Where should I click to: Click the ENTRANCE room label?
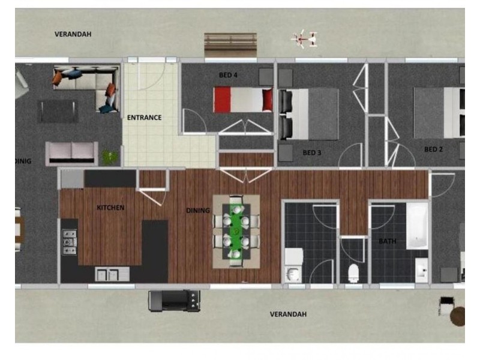click(144, 118)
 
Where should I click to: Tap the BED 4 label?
click(228, 75)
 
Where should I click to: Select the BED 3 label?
click(312, 153)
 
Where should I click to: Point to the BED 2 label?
click(433, 149)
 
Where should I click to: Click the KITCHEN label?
click(110, 208)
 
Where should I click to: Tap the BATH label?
click(388, 241)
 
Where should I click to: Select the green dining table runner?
click(236, 231)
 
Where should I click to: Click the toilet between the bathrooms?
click(353, 273)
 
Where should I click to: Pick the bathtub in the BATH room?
click(417, 225)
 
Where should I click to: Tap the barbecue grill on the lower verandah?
click(174, 298)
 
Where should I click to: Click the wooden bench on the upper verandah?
click(230, 44)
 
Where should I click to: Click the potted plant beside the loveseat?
click(110, 157)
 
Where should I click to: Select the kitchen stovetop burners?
click(69, 242)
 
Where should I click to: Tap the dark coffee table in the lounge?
click(58, 110)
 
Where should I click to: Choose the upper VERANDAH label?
click(73, 34)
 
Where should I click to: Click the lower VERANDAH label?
click(288, 314)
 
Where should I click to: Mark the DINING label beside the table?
click(198, 211)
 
